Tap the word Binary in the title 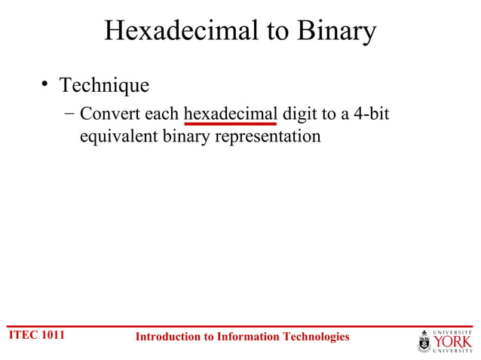click(x=336, y=31)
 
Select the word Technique click(x=104, y=85)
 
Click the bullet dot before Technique click(x=45, y=85)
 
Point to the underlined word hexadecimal click(x=230, y=114)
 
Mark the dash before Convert click(x=69, y=114)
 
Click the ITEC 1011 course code click(x=36, y=336)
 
